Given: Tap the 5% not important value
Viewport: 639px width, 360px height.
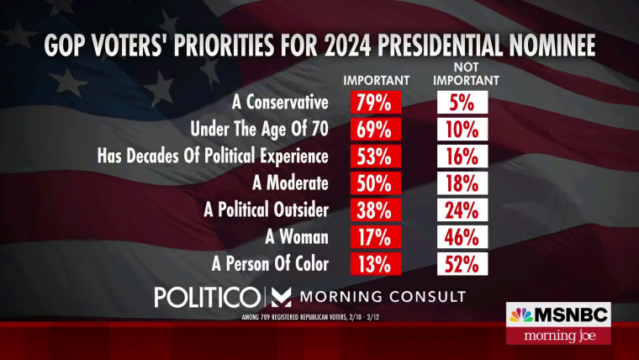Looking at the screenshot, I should click(x=462, y=103).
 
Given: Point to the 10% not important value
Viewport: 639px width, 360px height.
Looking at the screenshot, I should click(x=462, y=130).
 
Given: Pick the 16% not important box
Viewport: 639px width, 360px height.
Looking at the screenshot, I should click(x=462, y=156).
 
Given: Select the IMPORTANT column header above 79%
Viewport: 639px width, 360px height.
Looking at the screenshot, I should click(x=375, y=81).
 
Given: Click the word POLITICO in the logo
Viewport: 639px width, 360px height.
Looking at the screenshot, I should click(x=207, y=298).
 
